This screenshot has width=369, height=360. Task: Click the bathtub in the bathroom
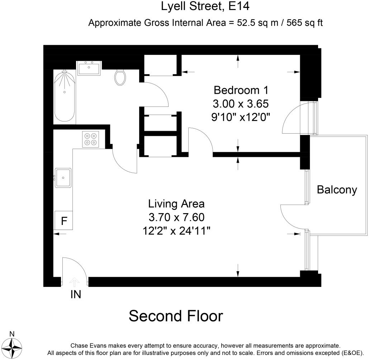click(65, 97)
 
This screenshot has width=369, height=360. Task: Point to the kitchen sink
click(63, 177)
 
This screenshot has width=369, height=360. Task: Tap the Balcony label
click(337, 189)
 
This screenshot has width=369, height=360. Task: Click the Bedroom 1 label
click(241, 89)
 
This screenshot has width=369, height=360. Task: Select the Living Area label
click(176, 204)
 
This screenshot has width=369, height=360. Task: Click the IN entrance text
click(75, 294)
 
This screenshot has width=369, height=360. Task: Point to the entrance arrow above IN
click(75, 282)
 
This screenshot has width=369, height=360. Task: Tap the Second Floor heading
click(176, 316)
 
